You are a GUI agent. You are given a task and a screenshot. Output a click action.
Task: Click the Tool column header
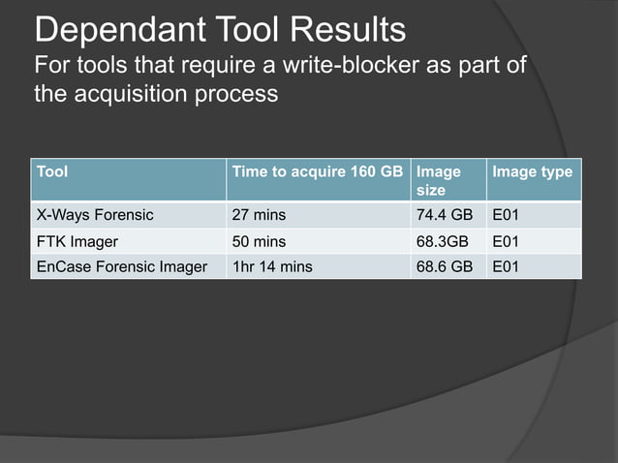(x=52, y=171)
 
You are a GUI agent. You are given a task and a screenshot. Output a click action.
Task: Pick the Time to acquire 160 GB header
(x=316, y=171)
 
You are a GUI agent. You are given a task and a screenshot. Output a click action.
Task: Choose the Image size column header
(x=439, y=180)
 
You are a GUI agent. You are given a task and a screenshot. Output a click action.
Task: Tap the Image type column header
(x=532, y=171)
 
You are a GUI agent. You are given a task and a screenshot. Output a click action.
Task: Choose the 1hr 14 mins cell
(x=271, y=265)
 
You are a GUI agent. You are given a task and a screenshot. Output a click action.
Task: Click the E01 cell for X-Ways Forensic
(x=507, y=215)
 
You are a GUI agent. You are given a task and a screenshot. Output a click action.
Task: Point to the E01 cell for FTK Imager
(x=507, y=240)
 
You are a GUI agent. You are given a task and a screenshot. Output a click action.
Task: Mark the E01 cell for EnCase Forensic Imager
(x=507, y=265)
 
